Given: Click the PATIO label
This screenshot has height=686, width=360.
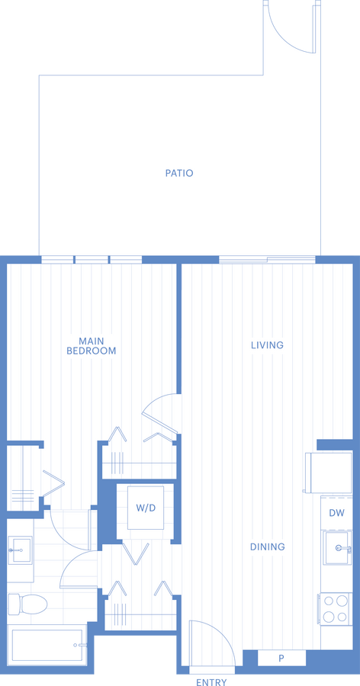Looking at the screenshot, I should (179, 173).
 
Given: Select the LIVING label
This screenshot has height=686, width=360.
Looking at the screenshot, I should (267, 345).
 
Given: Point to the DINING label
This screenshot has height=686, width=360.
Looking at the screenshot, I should (267, 547).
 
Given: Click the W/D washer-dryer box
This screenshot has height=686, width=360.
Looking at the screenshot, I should (146, 508).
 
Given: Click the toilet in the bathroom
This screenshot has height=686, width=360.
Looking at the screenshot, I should (27, 604).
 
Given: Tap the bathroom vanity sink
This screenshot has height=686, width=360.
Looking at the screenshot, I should (20, 547).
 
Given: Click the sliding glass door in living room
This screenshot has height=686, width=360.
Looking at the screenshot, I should (267, 260).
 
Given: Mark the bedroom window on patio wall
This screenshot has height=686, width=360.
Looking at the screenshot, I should (92, 260).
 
